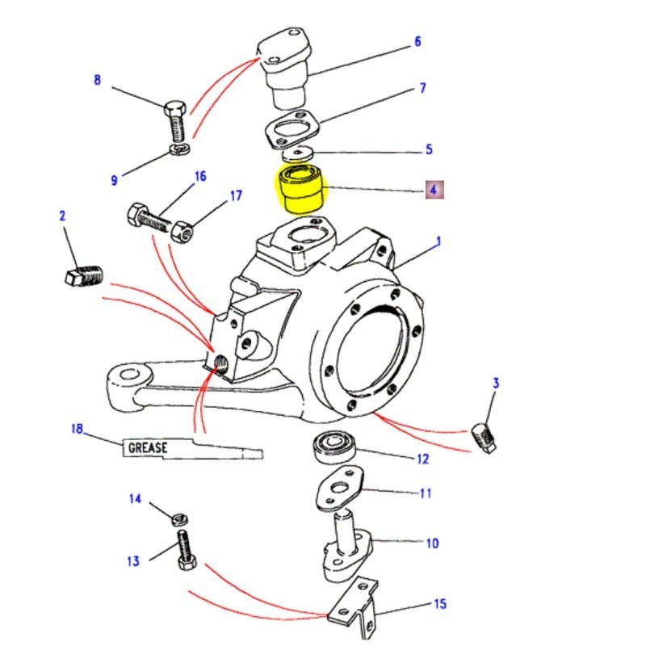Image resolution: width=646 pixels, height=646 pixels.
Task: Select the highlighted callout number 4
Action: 433,191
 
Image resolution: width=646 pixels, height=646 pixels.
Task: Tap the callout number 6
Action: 417,41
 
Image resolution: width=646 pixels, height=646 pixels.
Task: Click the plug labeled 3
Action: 484,437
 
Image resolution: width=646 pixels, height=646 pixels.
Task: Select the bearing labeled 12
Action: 332,446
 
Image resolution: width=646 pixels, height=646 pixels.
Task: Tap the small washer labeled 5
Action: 303,153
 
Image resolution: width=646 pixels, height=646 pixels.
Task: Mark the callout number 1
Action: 439,241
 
